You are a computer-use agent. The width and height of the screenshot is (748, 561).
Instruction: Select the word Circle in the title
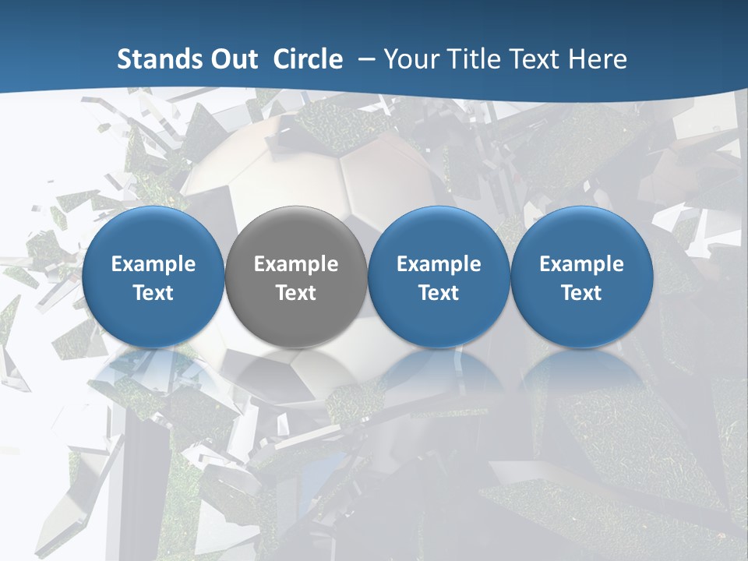308,59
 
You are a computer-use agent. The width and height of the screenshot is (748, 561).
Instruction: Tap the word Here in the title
598,59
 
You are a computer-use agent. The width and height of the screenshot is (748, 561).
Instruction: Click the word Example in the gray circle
296,264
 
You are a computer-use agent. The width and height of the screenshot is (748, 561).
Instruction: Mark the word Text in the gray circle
296,293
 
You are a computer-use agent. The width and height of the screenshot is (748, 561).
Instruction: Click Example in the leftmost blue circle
153,264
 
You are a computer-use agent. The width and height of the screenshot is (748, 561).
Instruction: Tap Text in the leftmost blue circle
153,293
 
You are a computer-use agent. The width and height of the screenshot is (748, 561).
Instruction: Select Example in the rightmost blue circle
582,264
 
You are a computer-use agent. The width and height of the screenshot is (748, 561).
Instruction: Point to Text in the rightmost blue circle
582,293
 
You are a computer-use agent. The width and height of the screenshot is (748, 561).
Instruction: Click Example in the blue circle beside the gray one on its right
439,264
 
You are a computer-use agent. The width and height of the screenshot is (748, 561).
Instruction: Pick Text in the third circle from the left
439,293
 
